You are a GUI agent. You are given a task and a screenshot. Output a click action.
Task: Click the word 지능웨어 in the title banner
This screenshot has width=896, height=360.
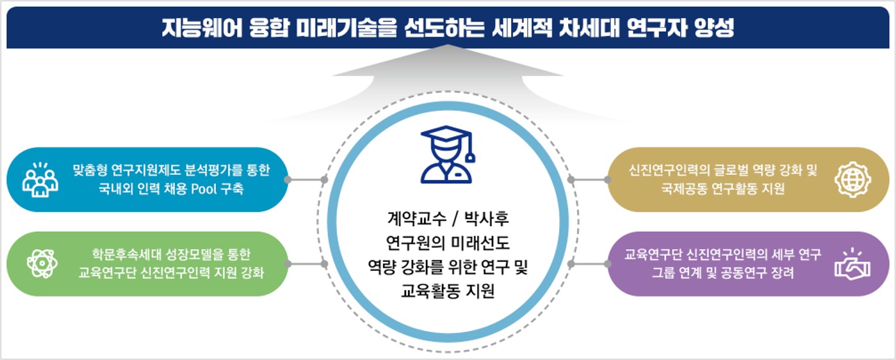point(202,28)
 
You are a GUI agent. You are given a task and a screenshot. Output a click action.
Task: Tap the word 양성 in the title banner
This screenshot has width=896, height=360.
point(713,28)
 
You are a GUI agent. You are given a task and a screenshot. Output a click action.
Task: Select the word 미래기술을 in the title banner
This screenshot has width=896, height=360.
point(346,28)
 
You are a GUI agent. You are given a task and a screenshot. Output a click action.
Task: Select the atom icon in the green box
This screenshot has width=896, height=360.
point(42,264)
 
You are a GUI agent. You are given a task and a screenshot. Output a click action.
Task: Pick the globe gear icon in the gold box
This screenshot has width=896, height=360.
point(853,179)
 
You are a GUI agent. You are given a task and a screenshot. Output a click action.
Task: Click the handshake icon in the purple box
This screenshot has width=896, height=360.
point(852,264)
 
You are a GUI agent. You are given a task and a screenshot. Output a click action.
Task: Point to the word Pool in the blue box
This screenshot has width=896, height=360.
point(204,188)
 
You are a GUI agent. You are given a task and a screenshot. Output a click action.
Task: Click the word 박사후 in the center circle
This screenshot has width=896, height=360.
point(486,218)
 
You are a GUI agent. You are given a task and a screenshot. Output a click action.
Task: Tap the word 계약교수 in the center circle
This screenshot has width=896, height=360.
point(417,218)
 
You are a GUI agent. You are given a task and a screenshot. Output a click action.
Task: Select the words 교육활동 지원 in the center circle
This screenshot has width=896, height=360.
point(448,291)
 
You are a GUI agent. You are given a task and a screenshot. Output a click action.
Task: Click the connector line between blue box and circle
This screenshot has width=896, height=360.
point(306,179)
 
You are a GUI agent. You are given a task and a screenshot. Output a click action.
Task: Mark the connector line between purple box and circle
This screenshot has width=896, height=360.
point(590,264)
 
